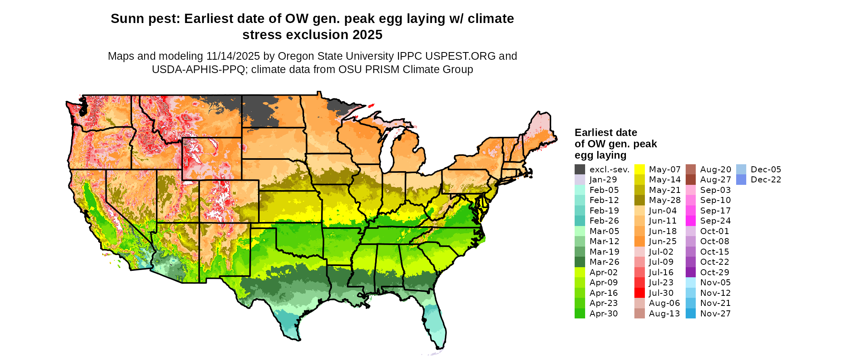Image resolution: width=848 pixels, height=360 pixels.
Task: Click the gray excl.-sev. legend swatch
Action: click(x=579, y=170)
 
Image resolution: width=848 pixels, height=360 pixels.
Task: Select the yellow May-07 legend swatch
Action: click(x=640, y=170)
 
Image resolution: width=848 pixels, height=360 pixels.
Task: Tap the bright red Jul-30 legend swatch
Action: click(x=640, y=293)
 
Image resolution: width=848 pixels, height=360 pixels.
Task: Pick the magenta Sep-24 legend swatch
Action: click(x=691, y=221)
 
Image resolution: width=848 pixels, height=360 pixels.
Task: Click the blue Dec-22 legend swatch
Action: click(x=741, y=180)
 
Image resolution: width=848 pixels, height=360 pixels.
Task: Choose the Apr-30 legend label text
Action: click(x=603, y=314)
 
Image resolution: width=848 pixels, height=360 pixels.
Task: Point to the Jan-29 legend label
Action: click(x=603, y=180)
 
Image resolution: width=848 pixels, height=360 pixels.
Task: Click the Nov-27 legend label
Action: click(x=715, y=314)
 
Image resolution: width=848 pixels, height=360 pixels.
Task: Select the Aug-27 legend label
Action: click(x=715, y=180)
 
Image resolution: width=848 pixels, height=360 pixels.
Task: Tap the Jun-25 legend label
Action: click(x=663, y=241)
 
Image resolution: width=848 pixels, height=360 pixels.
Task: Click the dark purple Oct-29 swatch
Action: click(x=691, y=272)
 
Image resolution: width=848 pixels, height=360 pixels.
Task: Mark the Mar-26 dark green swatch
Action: click(x=579, y=262)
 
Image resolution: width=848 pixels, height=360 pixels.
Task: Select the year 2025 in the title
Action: click(x=367, y=35)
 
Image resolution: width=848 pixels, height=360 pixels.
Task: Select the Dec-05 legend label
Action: click(x=766, y=170)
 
